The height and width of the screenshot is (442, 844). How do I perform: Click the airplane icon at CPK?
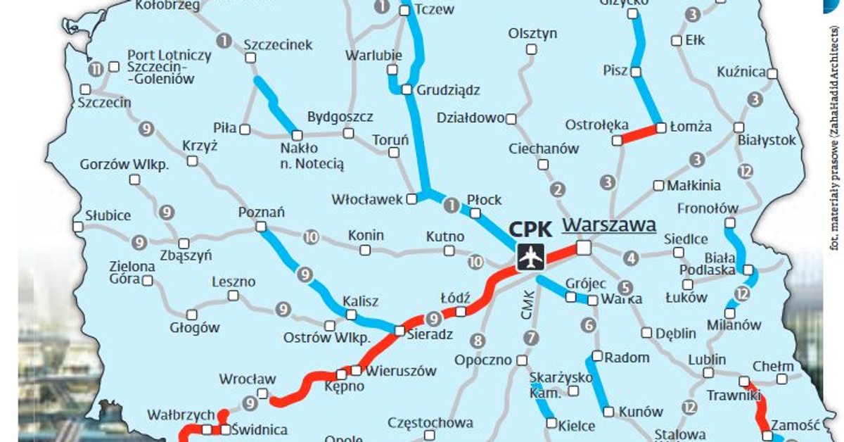tap(530, 257)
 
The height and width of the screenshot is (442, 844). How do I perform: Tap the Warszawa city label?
tap(609, 225)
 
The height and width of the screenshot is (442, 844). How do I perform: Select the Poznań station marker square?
tap(261, 227)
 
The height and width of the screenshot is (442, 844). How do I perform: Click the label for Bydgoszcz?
tap(340, 117)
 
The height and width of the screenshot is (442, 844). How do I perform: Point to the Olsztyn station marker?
tap(531, 49)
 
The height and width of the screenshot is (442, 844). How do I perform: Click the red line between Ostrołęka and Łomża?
tap(639, 134)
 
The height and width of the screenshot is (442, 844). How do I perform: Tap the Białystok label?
tap(767, 140)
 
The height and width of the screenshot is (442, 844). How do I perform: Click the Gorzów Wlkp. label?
tap(124, 165)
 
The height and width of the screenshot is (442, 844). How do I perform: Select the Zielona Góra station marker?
tap(148, 281)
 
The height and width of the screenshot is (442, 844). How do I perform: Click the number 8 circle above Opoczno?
tap(478, 341)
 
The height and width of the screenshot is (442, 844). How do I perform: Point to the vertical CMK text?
tap(528, 305)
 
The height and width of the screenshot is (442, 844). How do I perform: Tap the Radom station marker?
tap(597, 356)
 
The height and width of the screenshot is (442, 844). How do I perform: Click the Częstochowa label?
tap(430, 423)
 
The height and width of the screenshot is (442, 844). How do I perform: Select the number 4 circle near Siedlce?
tap(631, 258)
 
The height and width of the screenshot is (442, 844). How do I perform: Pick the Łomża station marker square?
tap(661, 128)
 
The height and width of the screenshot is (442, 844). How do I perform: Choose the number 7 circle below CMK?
tap(530, 337)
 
